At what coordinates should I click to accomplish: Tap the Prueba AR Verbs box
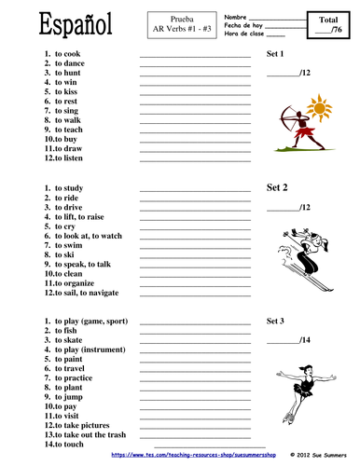coord(173,21)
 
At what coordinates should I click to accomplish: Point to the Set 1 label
coord(275,54)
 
